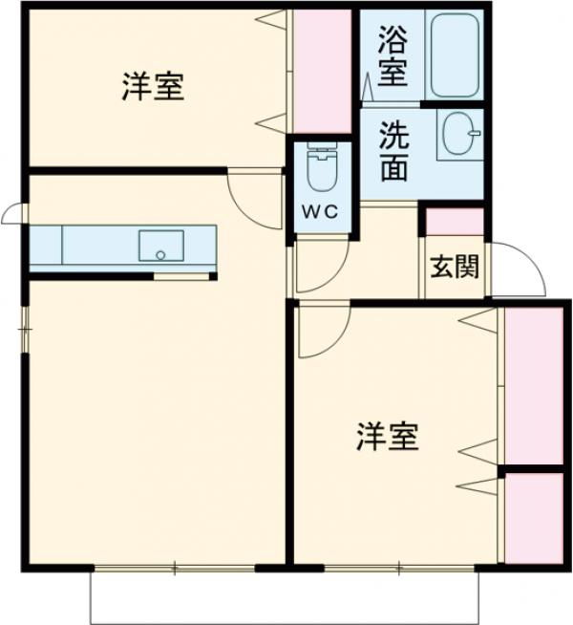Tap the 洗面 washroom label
(x=393, y=151)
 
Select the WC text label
(x=320, y=213)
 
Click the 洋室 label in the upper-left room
(x=153, y=87)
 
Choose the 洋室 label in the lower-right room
(x=388, y=439)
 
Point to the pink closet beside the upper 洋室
(x=322, y=73)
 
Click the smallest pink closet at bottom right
(x=533, y=517)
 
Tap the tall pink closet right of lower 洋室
(x=533, y=385)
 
